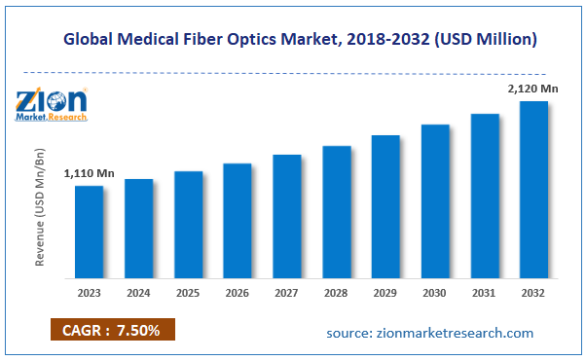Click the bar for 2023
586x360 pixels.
pos(89,233)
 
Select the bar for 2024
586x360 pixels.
pos(138,230)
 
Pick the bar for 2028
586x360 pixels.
pos(336,213)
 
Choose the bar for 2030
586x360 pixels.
pos(435,202)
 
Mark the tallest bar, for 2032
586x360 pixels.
pos(533,191)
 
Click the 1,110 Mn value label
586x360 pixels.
pos(89,173)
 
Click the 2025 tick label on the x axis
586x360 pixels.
pos(188,292)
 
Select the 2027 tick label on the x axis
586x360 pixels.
pos(286,292)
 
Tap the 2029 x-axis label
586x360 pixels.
pos(385,292)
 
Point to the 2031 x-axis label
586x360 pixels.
pos(484,292)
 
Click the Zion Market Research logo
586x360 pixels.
pos(52,103)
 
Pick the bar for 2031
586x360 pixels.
pos(485,197)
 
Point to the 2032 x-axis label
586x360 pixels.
pos(533,292)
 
